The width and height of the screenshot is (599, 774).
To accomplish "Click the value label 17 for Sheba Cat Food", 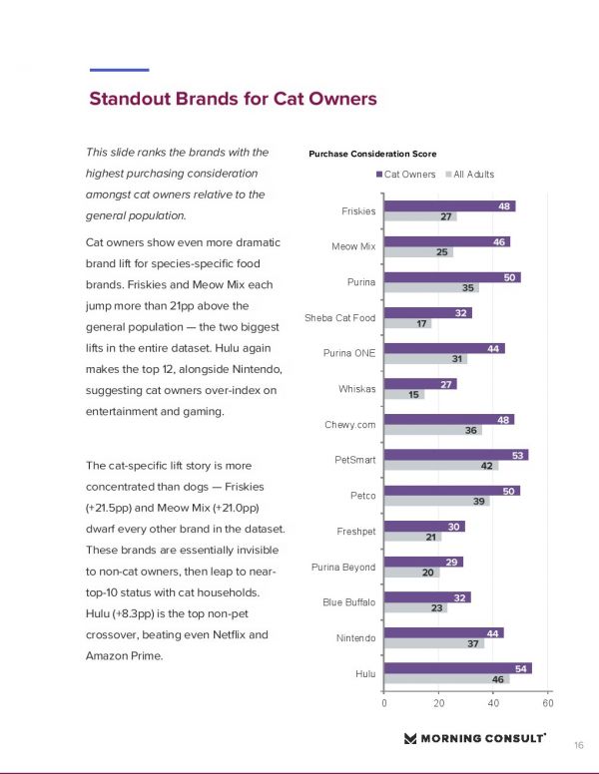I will pos(423,323).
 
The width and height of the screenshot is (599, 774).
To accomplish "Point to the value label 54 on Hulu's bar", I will pos(523,667).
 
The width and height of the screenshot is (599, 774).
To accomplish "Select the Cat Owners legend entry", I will pos(406,175).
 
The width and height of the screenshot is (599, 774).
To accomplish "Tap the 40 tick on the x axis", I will pos(493,704).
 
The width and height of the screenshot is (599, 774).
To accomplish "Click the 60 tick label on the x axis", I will pos(548,704).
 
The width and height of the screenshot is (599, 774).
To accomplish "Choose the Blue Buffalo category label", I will pos(348,602).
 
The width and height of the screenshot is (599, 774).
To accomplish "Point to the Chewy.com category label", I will pos(349,425).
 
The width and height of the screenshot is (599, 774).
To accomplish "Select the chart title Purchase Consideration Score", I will pos(372,154).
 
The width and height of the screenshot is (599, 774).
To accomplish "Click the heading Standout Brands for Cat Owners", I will pos(233,99).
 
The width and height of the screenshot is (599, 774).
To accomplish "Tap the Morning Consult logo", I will pos(474,738).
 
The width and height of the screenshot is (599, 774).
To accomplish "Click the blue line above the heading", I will pos(119,70).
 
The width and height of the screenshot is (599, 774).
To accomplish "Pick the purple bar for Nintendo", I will pos(443,632).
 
